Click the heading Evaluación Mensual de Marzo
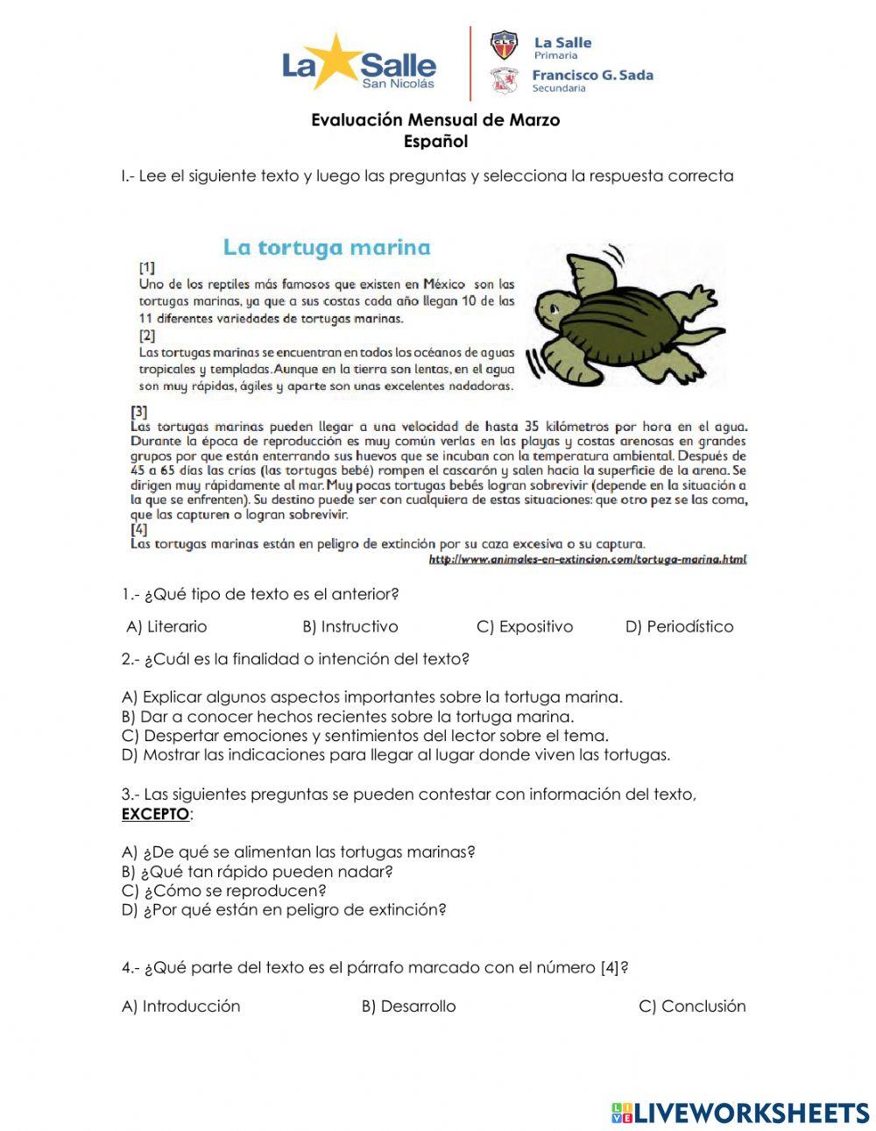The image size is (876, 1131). (x=435, y=120)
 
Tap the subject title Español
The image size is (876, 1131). (x=435, y=141)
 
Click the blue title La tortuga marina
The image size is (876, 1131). (x=327, y=247)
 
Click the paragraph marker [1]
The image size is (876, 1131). (x=147, y=267)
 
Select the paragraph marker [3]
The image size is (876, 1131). (x=139, y=411)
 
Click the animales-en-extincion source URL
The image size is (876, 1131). (x=587, y=559)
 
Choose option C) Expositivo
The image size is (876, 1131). (x=525, y=626)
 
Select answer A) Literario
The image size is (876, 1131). (x=166, y=626)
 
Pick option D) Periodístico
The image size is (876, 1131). (x=679, y=626)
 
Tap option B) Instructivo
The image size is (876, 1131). (x=350, y=626)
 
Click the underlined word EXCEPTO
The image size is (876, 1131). (x=155, y=814)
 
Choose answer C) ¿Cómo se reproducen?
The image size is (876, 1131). (x=223, y=891)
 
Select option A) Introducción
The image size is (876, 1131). (x=180, y=1007)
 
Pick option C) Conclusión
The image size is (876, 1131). (x=692, y=1007)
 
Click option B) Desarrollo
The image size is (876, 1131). (x=408, y=1007)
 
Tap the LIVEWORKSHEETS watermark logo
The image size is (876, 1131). (x=740, y=1113)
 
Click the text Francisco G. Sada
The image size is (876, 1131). (x=592, y=75)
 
